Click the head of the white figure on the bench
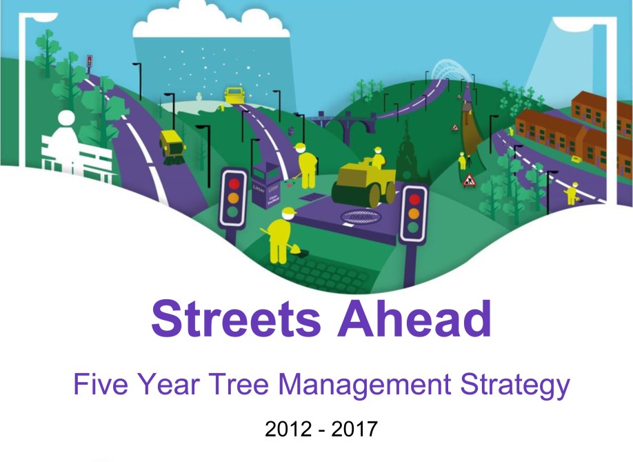point(68,119)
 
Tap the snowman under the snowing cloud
point(199,96)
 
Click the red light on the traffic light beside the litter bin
point(233,183)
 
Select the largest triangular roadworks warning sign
point(470,181)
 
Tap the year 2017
point(354,430)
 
